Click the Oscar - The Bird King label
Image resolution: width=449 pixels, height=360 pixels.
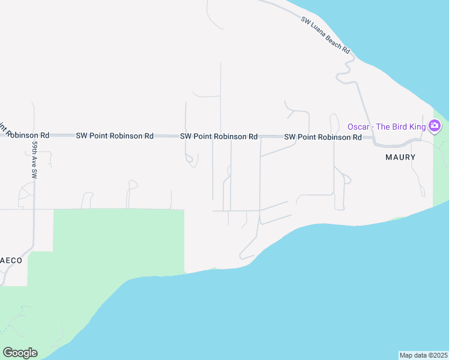click(x=386, y=127)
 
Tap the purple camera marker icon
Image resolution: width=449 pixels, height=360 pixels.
click(x=435, y=127)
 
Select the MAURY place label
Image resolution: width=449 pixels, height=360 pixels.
click(x=400, y=157)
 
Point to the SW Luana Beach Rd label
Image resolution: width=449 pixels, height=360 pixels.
click(x=325, y=35)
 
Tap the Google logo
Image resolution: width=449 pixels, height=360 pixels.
click(x=20, y=353)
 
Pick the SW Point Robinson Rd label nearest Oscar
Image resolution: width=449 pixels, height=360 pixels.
click(x=323, y=137)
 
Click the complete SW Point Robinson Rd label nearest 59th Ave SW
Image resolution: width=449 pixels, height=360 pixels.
click(x=115, y=136)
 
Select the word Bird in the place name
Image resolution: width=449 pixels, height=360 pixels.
click(x=397, y=127)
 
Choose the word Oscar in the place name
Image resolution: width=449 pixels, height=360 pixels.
click(x=359, y=127)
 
